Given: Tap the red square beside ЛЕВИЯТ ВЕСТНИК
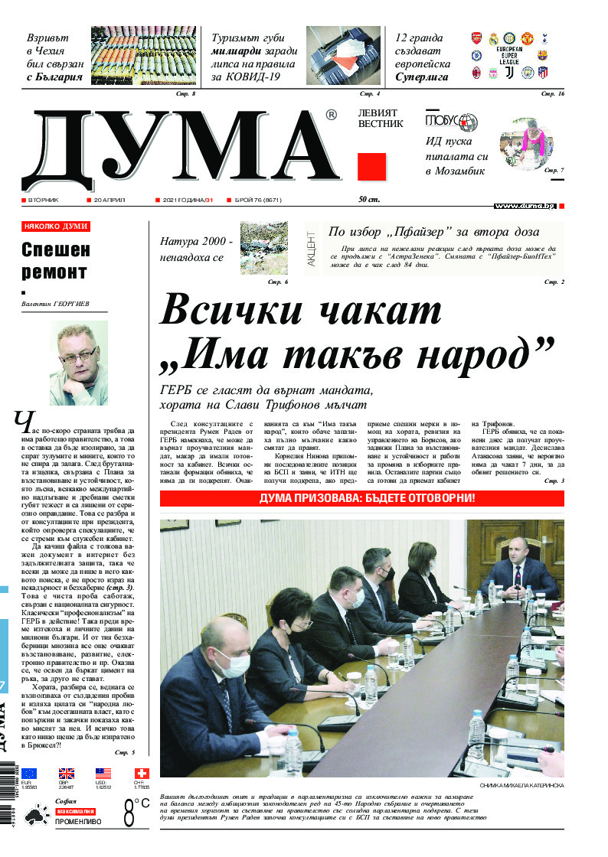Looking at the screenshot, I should point(371,167).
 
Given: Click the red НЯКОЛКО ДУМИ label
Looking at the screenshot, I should point(56,226).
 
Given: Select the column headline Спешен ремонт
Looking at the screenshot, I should point(55,260).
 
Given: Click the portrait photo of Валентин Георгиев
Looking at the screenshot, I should point(79,363).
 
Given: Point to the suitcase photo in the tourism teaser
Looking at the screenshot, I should point(344,57).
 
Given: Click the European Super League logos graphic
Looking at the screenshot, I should point(509,57).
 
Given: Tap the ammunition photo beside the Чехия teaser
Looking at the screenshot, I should point(142,57).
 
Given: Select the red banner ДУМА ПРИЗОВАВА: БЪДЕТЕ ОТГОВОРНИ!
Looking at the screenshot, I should point(362,498).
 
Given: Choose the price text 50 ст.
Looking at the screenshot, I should point(368,200).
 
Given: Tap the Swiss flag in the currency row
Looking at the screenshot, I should point(142,774).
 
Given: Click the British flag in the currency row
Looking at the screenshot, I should point(67,774).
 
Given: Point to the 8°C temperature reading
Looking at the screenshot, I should point(136,812).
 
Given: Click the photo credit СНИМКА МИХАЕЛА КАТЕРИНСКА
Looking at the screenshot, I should point(521,785).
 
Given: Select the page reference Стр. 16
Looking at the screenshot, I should point(552,93).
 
